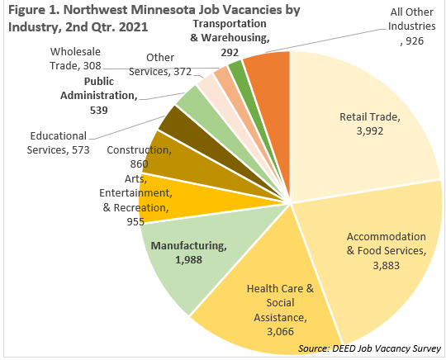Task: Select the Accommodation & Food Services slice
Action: point(378,256)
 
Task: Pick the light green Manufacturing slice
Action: point(199,256)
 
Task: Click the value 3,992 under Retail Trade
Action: point(370,131)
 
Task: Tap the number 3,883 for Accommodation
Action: point(387,266)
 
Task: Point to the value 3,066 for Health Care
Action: point(280,332)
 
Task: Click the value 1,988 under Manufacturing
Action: point(189,260)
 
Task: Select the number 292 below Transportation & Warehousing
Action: point(230,53)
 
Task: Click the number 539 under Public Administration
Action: point(99,111)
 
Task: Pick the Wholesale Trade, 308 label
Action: point(75,59)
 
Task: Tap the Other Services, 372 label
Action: point(160,64)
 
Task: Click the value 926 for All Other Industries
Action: point(415,41)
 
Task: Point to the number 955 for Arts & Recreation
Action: point(135,222)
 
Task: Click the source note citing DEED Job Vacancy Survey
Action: point(369,348)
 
